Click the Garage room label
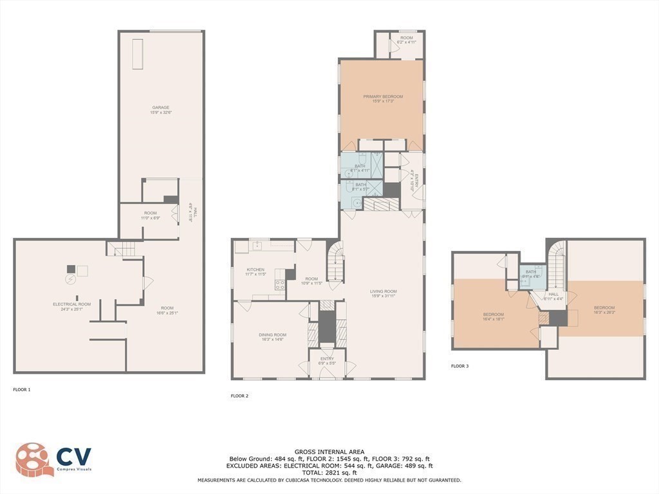(161, 107)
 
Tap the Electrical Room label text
(71, 304)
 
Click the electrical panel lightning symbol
(71, 280)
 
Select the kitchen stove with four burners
(280, 284)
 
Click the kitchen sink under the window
(257, 246)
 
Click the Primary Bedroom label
(382, 96)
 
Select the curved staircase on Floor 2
(334, 261)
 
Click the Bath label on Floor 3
(530, 272)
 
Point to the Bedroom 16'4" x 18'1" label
(494, 315)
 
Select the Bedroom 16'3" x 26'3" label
(604, 307)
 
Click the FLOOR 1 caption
(22, 389)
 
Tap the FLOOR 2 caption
(239, 396)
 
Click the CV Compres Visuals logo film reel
(32, 459)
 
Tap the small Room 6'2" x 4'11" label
(406, 40)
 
